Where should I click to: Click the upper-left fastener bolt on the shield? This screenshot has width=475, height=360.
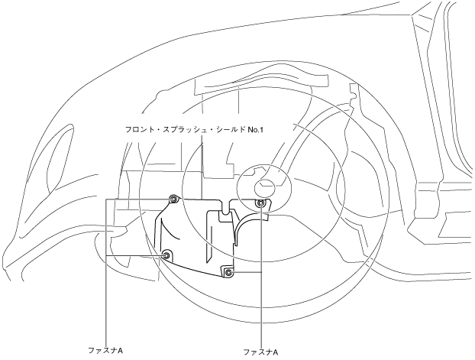tap(173, 199)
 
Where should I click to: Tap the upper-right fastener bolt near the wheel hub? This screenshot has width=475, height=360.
tap(261, 203)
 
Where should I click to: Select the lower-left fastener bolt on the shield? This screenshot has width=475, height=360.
tap(167, 255)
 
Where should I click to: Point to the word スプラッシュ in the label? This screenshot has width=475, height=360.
tap(186, 130)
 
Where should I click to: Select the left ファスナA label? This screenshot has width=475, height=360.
tap(106, 349)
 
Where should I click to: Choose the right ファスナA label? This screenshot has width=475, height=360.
tap(260, 352)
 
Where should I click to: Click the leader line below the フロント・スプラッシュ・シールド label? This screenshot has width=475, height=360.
tap(202, 164)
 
